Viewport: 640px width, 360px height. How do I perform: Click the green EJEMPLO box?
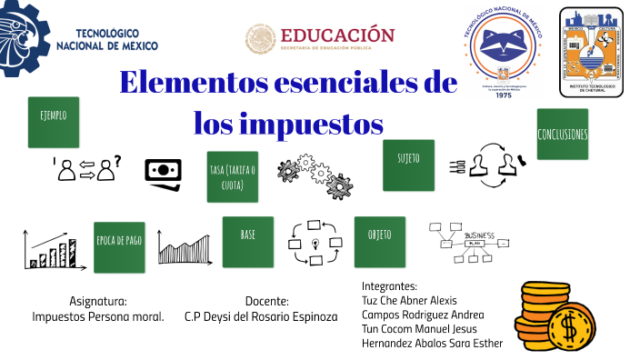54,122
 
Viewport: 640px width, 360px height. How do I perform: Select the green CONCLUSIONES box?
562,135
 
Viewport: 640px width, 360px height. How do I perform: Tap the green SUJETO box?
408,165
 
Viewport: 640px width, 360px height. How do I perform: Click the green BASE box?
247,241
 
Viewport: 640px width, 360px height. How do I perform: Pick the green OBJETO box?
379,241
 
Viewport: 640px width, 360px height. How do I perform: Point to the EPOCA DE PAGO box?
119,246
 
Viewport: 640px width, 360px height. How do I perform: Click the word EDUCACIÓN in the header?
337,35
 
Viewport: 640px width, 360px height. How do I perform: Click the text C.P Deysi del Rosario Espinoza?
260,316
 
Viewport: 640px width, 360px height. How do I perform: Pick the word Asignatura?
97,301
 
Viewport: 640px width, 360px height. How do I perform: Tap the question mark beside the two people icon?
118,162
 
